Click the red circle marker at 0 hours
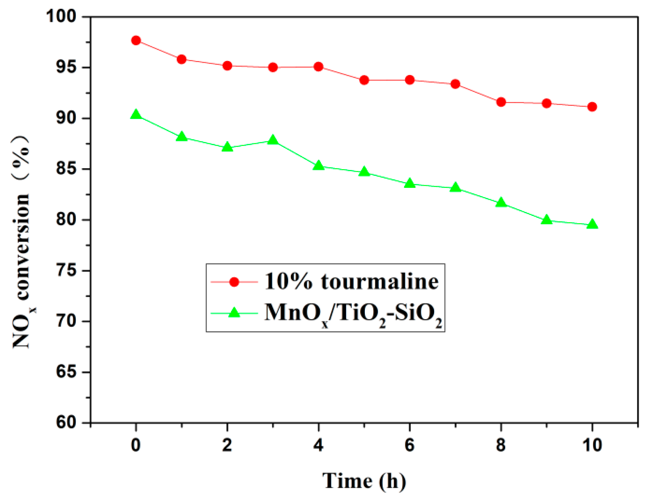[x=136, y=40]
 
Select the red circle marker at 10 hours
[x=592, y=107]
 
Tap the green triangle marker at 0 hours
[x=136, y=114]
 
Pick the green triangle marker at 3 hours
[x=273, y=140]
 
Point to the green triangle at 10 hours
[x=592, y=224]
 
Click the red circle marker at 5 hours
[x=364, y=80]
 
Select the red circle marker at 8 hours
[x=501, y=102]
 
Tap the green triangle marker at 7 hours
[x=455, y=188]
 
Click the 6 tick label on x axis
[x=410, y=445]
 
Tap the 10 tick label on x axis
[x=592, y=445]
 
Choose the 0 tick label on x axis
[x=136, y=445]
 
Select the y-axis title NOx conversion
[x=22, y=241]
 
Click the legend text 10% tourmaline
[x=351, y=281]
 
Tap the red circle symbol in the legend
[x=234, y=282]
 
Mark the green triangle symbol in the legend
[x=234, y=313]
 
